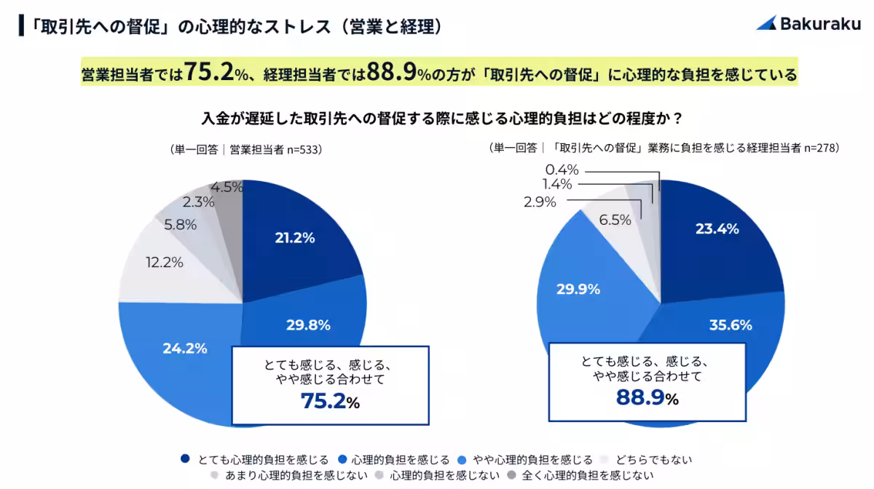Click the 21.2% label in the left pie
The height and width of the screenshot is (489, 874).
(294, 237)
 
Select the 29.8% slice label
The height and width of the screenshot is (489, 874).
(308, 325)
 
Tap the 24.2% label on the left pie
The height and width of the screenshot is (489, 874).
(185, 348)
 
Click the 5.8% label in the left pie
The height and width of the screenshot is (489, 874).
(180, 225)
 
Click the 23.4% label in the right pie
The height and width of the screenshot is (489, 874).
(717, 228)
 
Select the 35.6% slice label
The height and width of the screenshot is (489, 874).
(731, 325)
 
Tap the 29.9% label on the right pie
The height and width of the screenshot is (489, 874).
(578, 289)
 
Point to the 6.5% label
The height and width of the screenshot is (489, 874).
(615, 219)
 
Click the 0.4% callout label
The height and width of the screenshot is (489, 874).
(562, 170)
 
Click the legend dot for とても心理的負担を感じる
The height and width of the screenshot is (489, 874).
(185, 459)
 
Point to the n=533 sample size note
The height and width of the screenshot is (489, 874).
(302, 149)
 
